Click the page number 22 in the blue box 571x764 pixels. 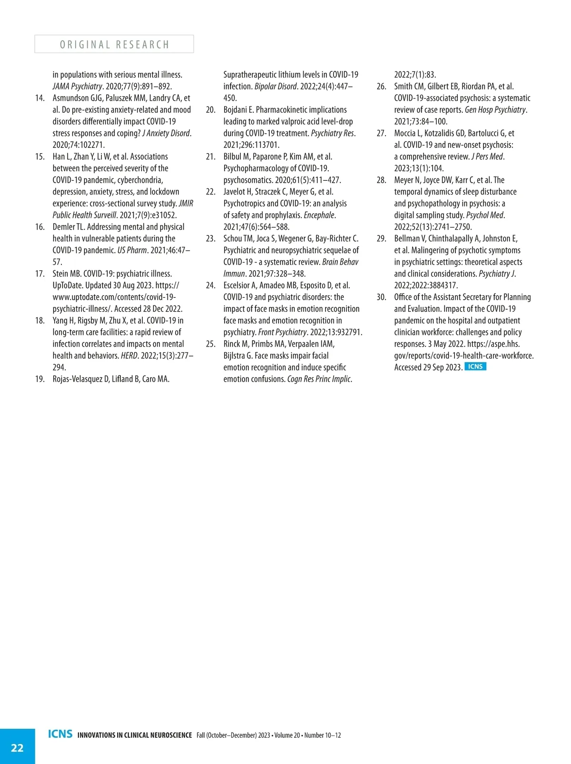17,748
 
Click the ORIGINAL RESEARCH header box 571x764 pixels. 114,44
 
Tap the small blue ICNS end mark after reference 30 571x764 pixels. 475,367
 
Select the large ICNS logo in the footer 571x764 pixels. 60,734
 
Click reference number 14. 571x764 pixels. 40,98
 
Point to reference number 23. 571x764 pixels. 210,238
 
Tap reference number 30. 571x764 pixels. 381,297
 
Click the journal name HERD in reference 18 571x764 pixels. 129,355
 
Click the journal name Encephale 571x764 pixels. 319,215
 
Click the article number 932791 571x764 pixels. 349,332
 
